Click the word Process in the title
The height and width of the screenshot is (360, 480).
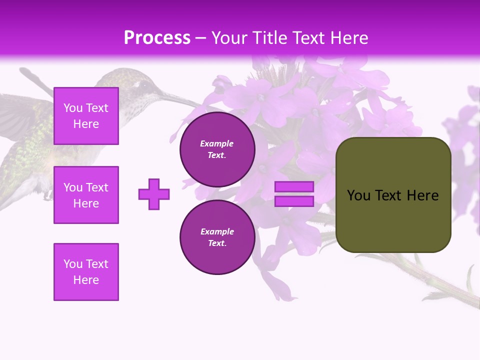pos(157,38)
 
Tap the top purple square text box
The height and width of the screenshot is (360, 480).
pos(86,116)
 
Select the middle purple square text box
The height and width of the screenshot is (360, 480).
pos(86,195)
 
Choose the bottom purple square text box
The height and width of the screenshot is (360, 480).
pos(86,272)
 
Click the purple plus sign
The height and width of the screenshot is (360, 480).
pos(154,194)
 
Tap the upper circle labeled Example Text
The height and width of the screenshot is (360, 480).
pos(217,149)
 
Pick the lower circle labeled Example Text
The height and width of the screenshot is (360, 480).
pos(217,237)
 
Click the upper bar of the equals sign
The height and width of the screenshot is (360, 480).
pos(294,186)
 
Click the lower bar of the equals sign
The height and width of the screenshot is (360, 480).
pos(294,201)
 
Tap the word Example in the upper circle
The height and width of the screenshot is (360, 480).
pos(217,143)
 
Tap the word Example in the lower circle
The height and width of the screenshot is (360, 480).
pos(217,231)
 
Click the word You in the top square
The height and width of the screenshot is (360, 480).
pos(73,108)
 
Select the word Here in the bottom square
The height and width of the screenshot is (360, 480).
pos(86,280)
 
